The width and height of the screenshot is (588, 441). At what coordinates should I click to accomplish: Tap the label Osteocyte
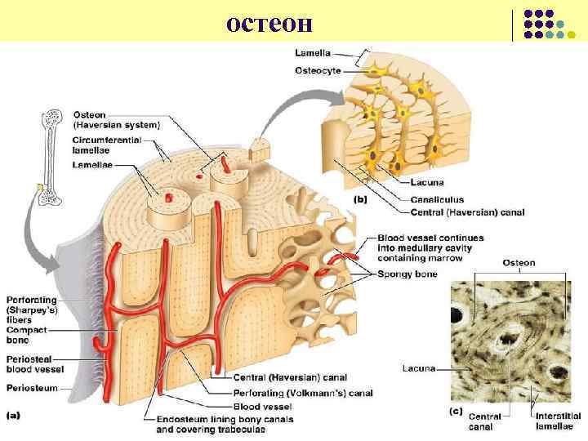click(x=318, y=70)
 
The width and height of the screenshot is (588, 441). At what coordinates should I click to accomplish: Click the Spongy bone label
click(x=408, y=274)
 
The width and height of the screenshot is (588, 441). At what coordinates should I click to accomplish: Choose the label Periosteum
click(x=33, y=388)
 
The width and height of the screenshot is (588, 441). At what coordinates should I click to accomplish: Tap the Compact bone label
click(x=28, y=335)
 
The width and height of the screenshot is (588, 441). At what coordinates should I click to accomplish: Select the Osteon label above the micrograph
click(x=519, y=263)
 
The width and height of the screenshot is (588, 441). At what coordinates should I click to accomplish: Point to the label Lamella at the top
click(x=313, y=53)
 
